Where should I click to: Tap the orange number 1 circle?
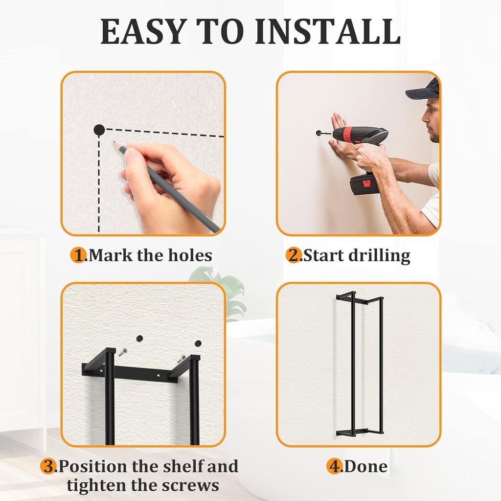pos(78,255)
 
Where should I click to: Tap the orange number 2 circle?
pos(294,255)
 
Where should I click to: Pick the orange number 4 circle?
pos(334,466)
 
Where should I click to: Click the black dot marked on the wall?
pos(99,130)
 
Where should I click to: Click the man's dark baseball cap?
pos(424,90)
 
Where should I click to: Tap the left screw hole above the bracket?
pos(139,339)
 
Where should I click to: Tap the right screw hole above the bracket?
pos(198,343)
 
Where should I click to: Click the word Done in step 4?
pos(366,466)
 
